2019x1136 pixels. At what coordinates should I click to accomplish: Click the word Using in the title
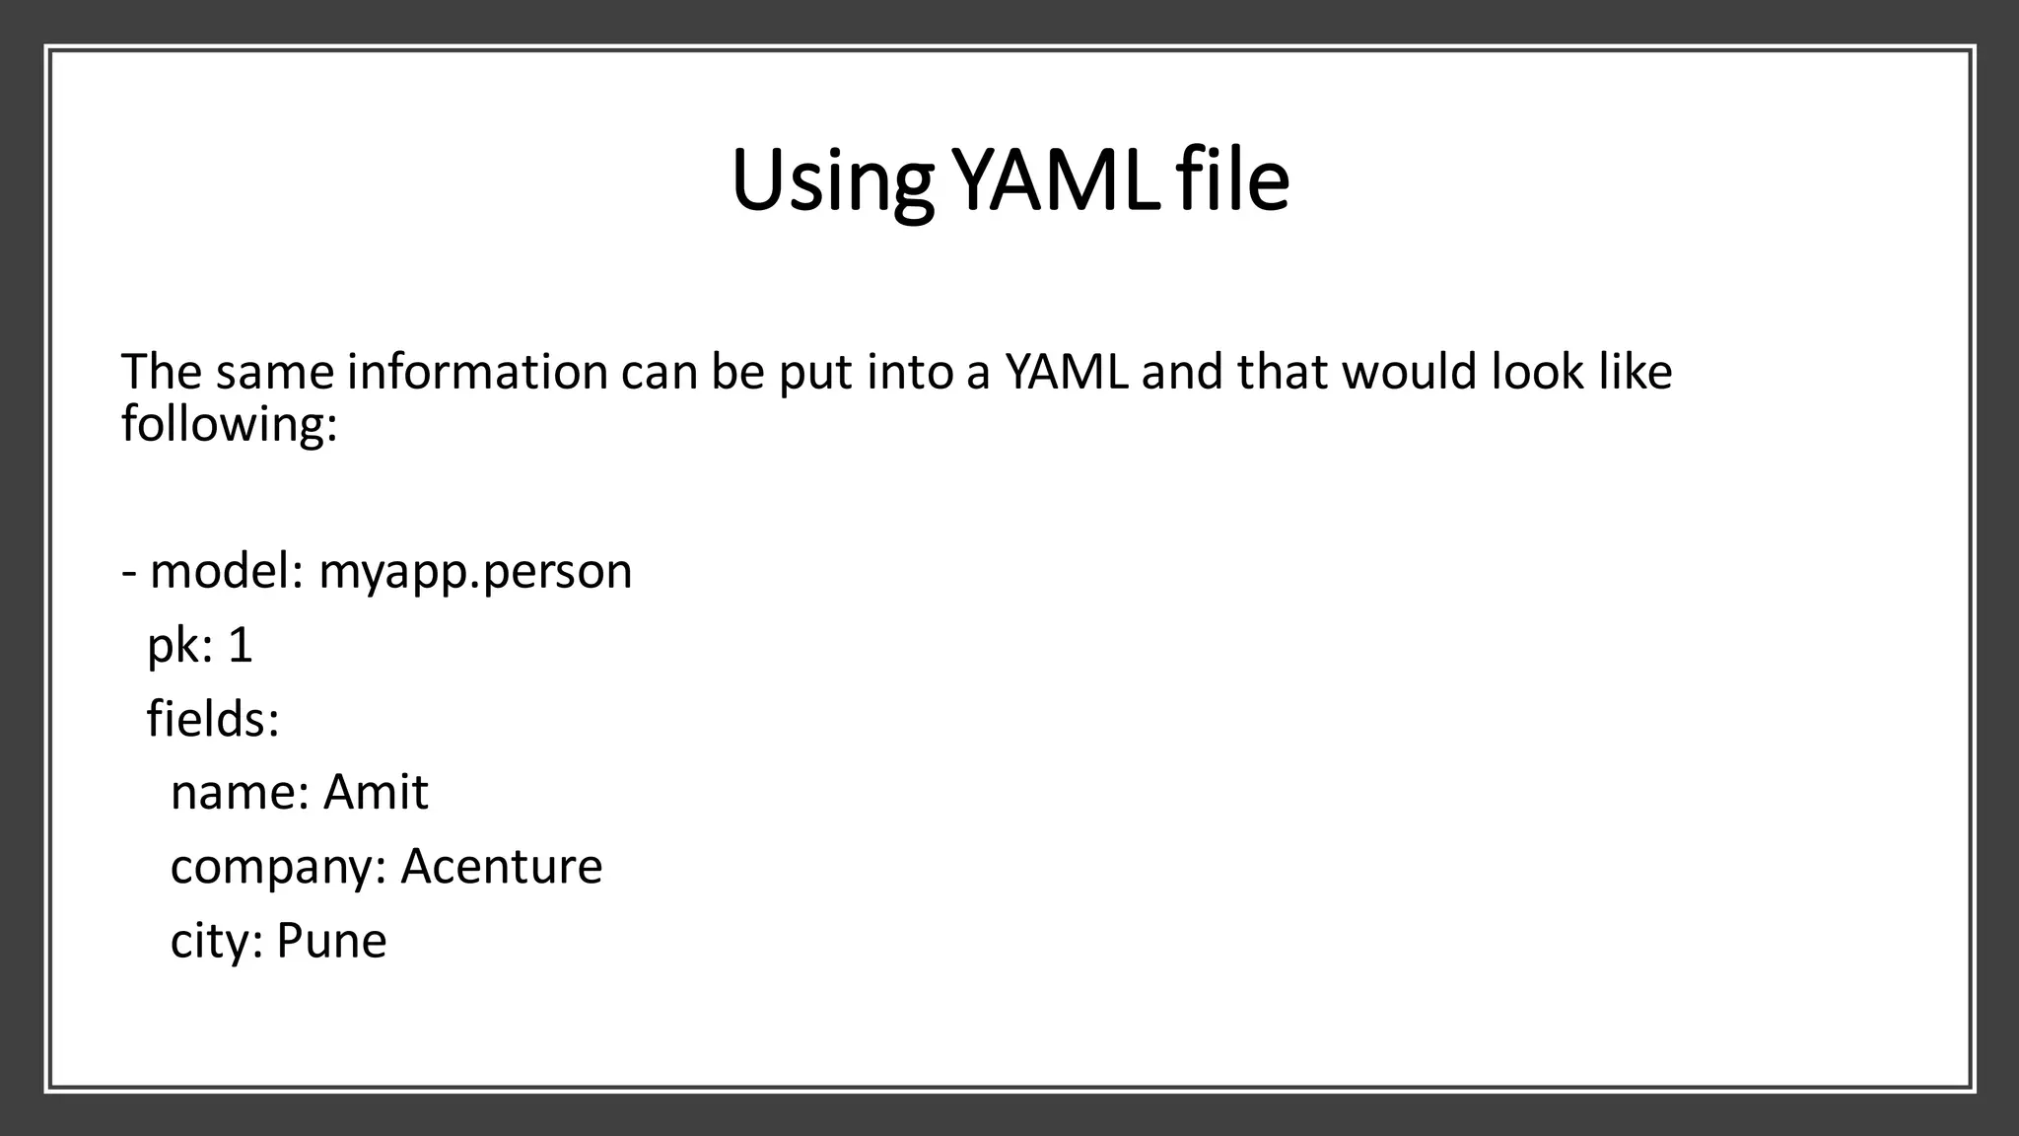coord(831,181)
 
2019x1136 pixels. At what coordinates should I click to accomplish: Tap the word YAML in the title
coord(1058,181)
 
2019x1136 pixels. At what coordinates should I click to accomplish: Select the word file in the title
coord(1233,181)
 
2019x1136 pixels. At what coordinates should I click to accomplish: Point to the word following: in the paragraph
coord(229,424)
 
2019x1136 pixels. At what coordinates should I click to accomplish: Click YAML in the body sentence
coord(1066,373)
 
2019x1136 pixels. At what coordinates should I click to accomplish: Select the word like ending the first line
coord(1636,373)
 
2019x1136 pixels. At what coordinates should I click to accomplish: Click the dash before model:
coord(129,573)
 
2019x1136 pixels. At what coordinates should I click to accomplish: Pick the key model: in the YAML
coord(226,572)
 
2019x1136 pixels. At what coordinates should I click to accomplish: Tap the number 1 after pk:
coord(240,647)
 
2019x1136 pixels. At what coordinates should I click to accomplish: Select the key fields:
coord(213,719)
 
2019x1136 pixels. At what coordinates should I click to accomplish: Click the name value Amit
coord(376,793)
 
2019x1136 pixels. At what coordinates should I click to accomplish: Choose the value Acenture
coord(501,867)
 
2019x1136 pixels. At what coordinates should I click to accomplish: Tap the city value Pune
coord(331,941)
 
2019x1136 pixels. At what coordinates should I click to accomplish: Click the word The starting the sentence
coord(161,373)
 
